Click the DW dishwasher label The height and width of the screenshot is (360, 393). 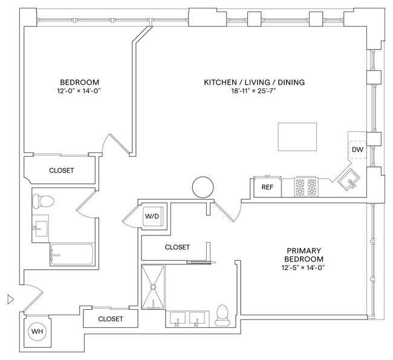[357, 149]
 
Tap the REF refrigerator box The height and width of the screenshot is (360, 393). [267, 188]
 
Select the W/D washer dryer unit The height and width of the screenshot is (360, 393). [151, 215]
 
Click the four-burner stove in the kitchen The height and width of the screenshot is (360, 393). [307, 187]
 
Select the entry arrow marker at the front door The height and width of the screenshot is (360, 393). [9, 298]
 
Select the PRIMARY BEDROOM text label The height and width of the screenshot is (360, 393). [304, 255]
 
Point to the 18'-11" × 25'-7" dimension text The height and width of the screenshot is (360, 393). [254, 92]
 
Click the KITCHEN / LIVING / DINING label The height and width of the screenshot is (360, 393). [254, 82]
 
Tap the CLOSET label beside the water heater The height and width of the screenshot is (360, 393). [110, 319]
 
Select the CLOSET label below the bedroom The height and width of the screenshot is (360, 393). [62, 171]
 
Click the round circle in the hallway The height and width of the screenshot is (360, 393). [202, 187]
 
